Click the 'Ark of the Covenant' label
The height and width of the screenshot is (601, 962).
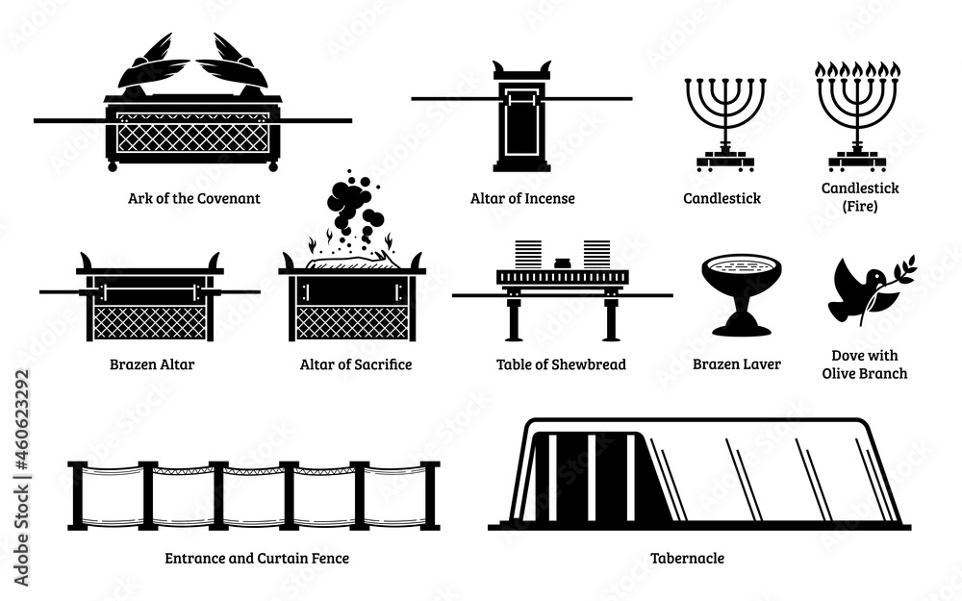[193, 199]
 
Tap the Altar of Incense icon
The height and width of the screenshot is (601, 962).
[521, 115]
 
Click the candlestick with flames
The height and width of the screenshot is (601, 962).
[857, 120]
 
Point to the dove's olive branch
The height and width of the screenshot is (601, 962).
[899, 274]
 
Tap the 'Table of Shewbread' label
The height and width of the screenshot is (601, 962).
[561, 364]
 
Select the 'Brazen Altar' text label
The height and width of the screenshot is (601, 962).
[150, 364]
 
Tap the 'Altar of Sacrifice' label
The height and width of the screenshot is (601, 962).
[356, 364]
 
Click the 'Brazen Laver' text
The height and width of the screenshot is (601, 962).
[736, 364]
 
